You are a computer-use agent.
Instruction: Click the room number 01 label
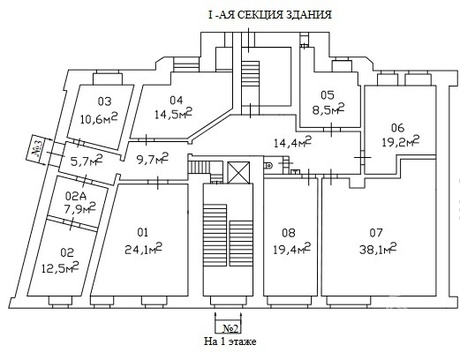[143, 232]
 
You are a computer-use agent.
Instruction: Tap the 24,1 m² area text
[143, 249]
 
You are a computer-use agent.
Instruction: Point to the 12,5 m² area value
[60, 267]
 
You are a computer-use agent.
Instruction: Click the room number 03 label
[104, 101]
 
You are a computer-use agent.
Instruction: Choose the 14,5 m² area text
[173, 114]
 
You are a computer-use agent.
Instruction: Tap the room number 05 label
[327, 95]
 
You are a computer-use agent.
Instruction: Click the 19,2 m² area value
[400, 142]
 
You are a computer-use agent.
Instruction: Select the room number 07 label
[376, 232]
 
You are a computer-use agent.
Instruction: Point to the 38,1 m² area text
[378, 249]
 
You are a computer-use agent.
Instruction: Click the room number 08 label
[288, 232]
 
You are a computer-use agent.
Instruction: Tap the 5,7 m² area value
[86, 161]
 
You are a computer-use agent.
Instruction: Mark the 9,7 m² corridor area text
[153, 159]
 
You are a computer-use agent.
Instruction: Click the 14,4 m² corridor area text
[292, 142]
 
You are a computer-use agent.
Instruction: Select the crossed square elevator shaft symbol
[238, 172]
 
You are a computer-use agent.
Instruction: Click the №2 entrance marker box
[231, 329]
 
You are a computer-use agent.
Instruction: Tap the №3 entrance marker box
[38, 147]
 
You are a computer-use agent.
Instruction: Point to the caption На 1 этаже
[230, 341]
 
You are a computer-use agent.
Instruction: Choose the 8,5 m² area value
[328, 110]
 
